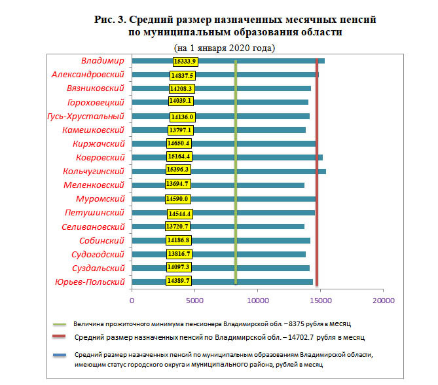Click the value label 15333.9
click(185, 62)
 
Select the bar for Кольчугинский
click(228, 172)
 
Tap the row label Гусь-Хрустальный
click(86, 117)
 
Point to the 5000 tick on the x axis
click(194, 301)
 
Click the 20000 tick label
click(384, 301)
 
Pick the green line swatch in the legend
click(60, 324)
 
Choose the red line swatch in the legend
click(59, 337)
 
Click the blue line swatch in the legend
click(60, 355)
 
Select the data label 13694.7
click(177, 184)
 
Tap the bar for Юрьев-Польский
click(223, 282)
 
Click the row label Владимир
click(103, 61)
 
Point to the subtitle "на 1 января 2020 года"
click(225, 48)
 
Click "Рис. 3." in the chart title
click(111, 20)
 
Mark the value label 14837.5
click(183, 76)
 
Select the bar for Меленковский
click(218, 185)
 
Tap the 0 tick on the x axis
click(132, 301)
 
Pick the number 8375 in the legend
click(296, 324)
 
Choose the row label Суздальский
click(98, 268)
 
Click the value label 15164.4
click(179, 156)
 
